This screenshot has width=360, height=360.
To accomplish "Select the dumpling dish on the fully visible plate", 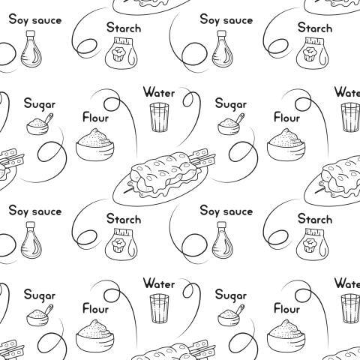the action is [165, 175].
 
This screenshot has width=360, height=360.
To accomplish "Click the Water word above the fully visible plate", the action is [159, 92].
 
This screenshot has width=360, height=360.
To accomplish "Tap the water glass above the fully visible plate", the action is [159, 117].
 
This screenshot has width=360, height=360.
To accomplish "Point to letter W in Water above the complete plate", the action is [148, 92].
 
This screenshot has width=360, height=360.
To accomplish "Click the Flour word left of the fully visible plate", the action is [95, 117].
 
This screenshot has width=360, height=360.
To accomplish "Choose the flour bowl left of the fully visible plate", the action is [95, 145].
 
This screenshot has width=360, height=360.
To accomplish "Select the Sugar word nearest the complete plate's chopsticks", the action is [230, 104].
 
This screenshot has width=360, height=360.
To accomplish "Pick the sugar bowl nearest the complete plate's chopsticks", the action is [229, 127].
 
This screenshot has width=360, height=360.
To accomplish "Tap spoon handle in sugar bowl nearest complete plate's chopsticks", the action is [240, 118].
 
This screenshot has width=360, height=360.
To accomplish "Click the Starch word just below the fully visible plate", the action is [124, 218].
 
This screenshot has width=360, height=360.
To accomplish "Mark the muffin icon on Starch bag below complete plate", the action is [118, 244].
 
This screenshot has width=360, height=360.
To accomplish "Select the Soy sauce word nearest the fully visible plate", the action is [226, 211].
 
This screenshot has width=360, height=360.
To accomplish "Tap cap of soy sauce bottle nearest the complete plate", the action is [222, 225].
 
